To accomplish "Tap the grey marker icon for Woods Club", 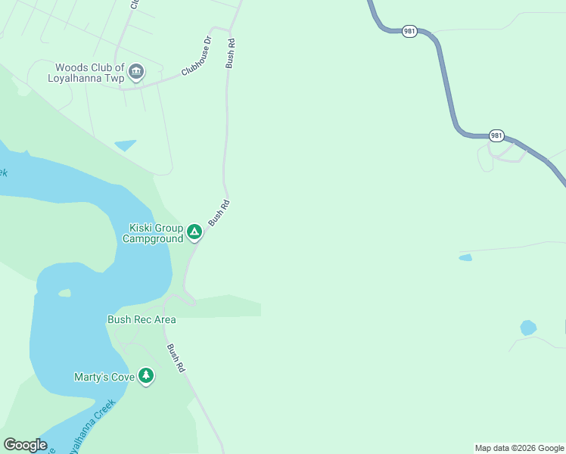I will [x=136, y=73].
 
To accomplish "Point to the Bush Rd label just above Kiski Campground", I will [x=219, y=213].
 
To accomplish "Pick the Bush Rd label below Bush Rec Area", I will [x=176, y=358].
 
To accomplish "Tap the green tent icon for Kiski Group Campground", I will [x=194, y=232].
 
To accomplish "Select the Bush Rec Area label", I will [x=141, y=319].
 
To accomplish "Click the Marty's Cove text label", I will [x=104, y=376].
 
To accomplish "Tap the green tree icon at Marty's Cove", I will [x=146, y=375].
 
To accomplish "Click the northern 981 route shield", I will [x=409, y=31].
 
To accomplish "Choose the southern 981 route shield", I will [x=496, y=135].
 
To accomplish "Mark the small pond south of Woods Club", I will [x=125, y=145].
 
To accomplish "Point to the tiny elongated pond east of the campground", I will [x=465, y=258].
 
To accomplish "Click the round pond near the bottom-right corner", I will [x=528, y=328].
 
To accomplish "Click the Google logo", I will [x=25, y=445].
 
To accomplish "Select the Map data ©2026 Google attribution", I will [x=519, y=448].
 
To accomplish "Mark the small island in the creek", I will [x=64, y=293].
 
